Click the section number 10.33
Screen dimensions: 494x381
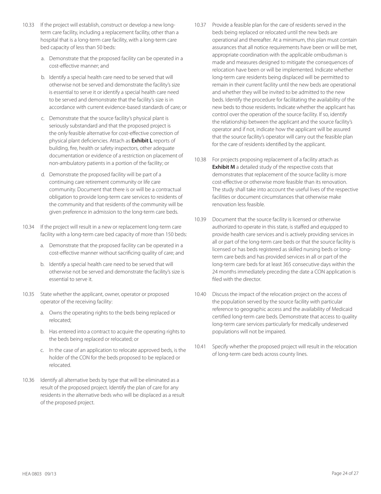pos(28,25)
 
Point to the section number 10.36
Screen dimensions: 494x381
pos(28,380)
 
